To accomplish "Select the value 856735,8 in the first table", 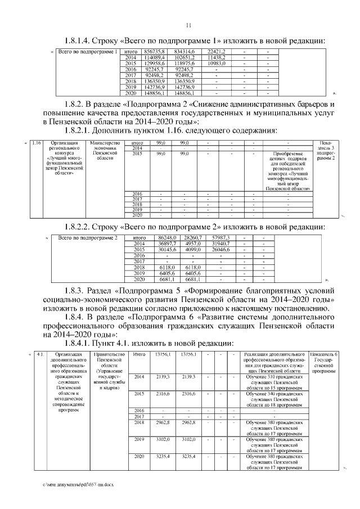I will (x=154, y=52).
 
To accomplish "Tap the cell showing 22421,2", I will (x=216, y=52).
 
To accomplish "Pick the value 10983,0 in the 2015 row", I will (x=216, y=64).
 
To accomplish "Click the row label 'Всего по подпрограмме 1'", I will (x=87, y=52).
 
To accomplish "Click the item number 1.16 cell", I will (x=37, y=143).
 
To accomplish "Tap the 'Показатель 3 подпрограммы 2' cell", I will (x=326, y=151).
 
